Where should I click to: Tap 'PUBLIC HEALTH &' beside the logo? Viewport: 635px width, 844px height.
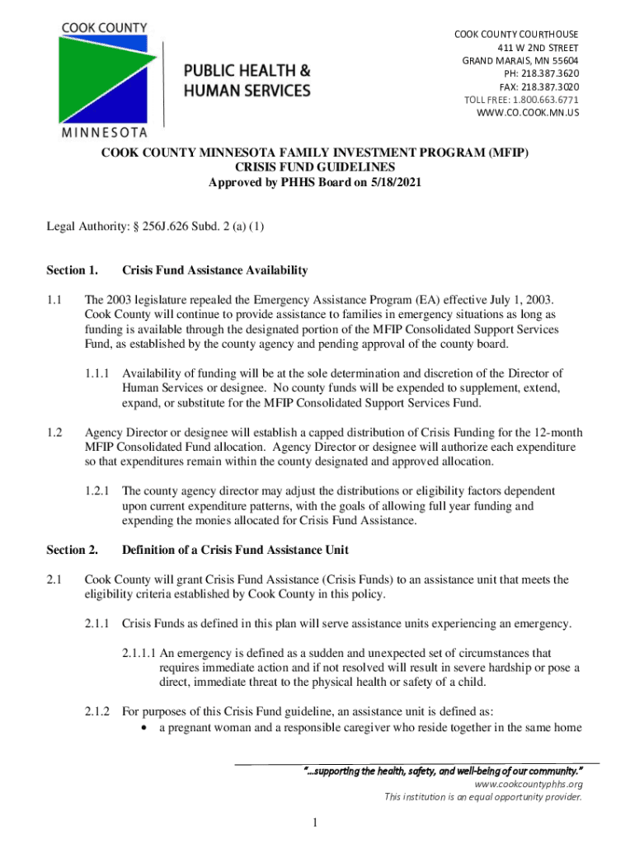click(x=247, y=70)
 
